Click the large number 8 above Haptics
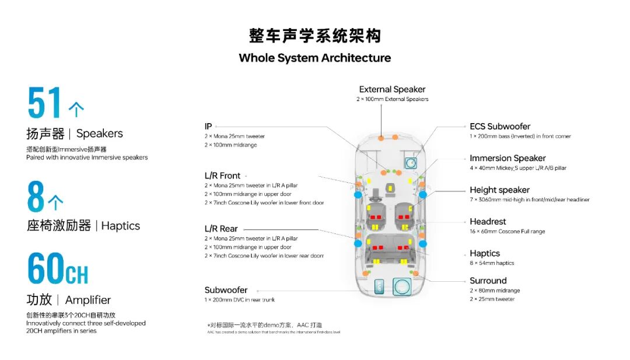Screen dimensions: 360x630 (36, 197)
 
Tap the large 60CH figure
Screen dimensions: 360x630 (58, 269)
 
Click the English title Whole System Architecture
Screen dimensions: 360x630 (314, 58)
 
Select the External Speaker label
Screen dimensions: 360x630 (392, 89)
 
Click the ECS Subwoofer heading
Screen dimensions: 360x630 (500, 127)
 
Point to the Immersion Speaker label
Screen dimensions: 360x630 (508, 158)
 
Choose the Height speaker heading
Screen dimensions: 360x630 (499, 190)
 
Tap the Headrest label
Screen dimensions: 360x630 (488, 222)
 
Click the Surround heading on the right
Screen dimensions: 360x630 (488, 281)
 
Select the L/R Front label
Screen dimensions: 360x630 (222, 176)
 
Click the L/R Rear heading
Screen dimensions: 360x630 (221, 229)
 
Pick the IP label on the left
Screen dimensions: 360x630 (208, 127)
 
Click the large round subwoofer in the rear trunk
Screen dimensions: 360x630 (401, 286)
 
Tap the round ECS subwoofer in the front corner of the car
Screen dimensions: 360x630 (412, 163)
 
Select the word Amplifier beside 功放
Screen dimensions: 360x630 (87, 300)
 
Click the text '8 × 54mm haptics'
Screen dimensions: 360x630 (492, 263)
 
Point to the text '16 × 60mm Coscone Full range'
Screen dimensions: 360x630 (508, 232)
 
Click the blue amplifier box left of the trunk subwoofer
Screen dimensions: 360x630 (379, 286)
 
